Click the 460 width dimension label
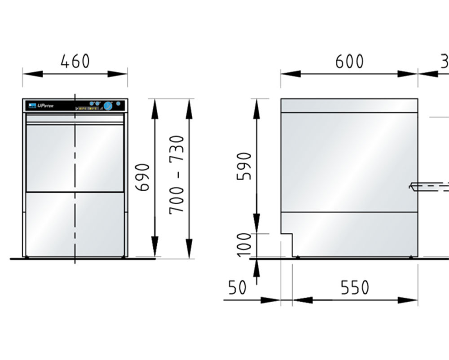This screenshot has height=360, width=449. pos(75,61)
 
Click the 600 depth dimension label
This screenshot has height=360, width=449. pos(349,61)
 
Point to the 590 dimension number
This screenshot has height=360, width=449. pos(245,166)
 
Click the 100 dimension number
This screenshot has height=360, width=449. pos(245,245)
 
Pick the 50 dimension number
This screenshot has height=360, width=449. pos(237,288)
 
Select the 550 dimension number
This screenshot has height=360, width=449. pos(355,288)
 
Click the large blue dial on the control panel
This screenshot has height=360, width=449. pos(108,106)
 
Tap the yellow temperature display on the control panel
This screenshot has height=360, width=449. pos(88,109)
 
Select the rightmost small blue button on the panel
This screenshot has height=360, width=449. pos(119,104)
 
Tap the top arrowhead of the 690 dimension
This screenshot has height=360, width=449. pos(155,104)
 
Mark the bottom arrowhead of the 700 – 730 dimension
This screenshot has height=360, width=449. pos(189,253)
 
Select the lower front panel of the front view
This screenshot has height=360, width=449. pos(75,224)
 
